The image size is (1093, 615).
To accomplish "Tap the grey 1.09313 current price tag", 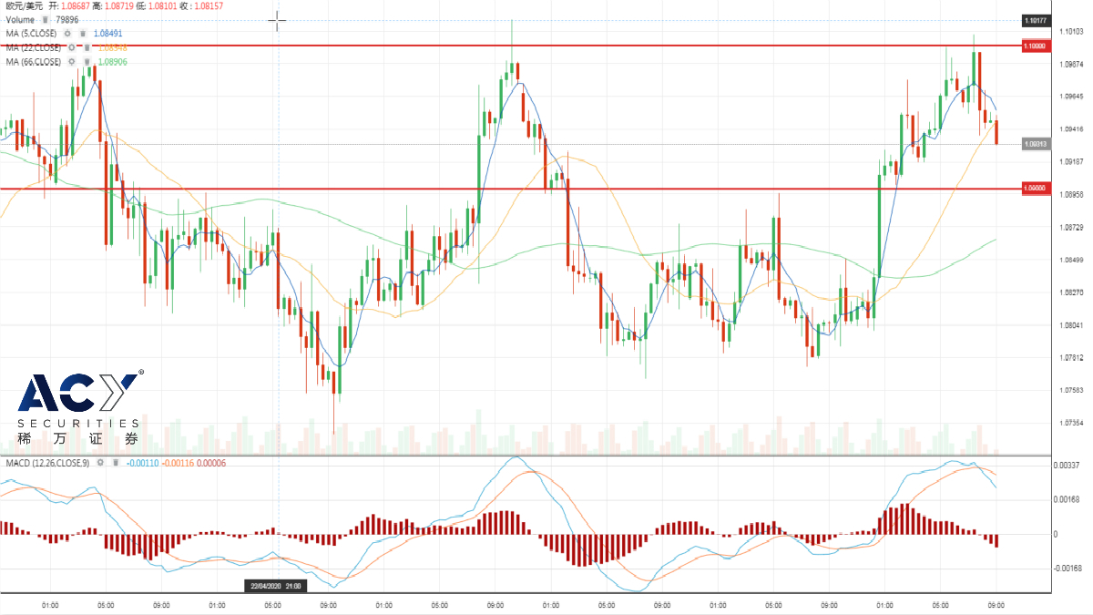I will (x=1035, y=144).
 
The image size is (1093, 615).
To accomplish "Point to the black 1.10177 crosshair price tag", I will (x=1035, y=19).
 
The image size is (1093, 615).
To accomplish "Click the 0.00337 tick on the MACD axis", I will (x=1043, y=465).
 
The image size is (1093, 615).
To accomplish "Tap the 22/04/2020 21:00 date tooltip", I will (x=276, y=586).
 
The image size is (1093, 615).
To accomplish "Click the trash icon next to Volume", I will (x=44, y=19).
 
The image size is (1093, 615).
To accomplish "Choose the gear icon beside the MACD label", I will (x=101, y=464).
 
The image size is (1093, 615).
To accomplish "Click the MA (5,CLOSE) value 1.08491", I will (x=110, y=34).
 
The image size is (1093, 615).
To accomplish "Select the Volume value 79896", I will (x=66, y=19).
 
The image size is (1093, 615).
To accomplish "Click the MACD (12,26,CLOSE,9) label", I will (x=47, y=464).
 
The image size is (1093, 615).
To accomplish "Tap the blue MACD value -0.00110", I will (x=143, y=464).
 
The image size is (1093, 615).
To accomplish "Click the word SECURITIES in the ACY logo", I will (x=78, y=424).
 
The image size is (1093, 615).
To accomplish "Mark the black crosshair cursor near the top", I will (x=277, y=20).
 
